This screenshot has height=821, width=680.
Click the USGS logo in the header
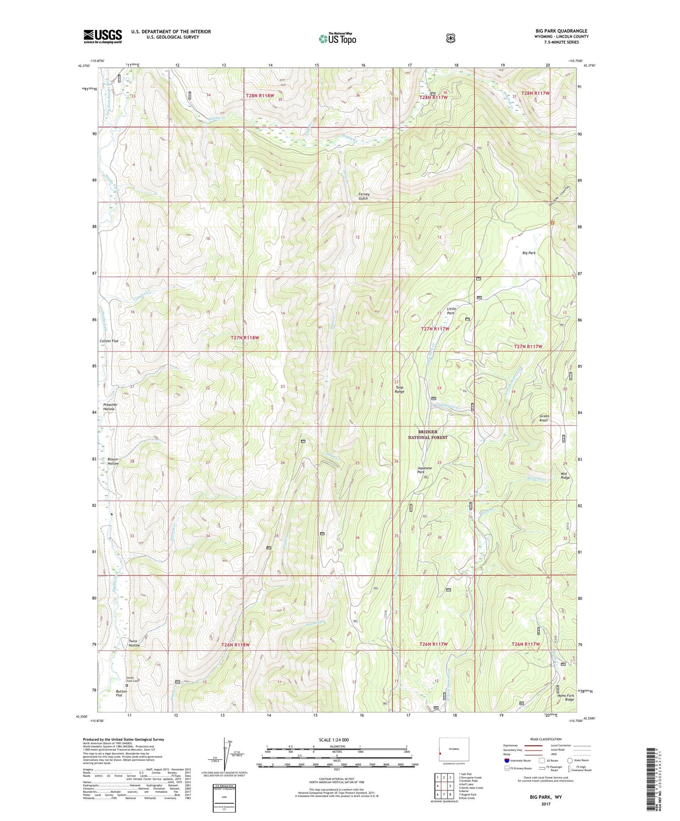pos(103,36)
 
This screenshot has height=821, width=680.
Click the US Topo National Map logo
pos(337,39)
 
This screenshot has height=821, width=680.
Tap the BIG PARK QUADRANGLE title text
pos(558,31)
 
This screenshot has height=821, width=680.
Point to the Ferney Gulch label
pos(364,196)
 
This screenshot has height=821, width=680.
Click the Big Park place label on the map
pos(529,253)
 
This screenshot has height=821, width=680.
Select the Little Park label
pos(451,310)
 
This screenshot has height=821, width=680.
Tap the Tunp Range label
pos(399,389)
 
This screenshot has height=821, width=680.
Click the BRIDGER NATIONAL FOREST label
pos(427,434)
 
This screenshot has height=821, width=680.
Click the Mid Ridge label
pos(565,475)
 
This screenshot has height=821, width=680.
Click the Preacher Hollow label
pos(110,407)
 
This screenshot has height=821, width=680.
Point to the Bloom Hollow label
pos(113,461)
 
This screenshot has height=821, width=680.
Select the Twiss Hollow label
pos(134,643)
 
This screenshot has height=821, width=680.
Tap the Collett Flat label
pos(109,341)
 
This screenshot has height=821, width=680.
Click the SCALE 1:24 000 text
pos(334,740)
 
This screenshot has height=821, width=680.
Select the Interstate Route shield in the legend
pos(507,760)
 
